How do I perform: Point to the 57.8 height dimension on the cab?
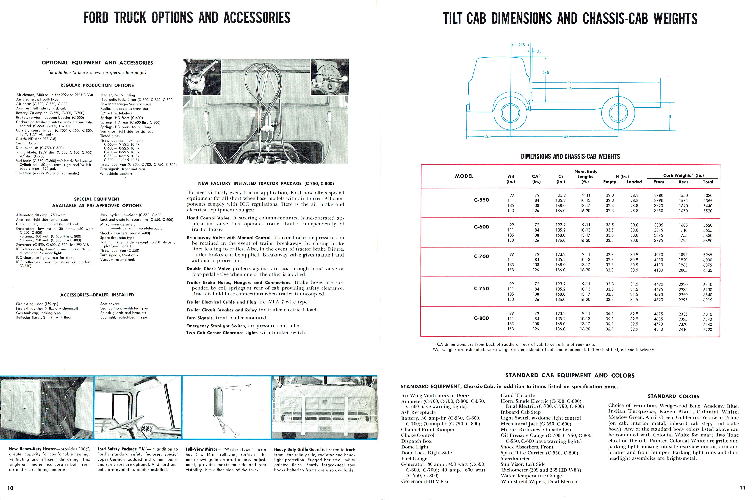[x=546, y=72]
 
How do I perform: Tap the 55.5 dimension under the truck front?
[x=487, y=137]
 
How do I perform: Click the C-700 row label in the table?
[x=481, y=256]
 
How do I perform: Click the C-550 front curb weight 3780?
[x=659, y=195]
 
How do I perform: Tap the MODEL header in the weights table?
[x=464, y=176]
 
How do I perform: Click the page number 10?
[x=11, y=488]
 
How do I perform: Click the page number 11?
[x=742, y=487]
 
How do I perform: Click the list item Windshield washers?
[x=116, y=173]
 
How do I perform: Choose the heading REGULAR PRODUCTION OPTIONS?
[x=97, y=85]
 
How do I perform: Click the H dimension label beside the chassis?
[x=670, y=117]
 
